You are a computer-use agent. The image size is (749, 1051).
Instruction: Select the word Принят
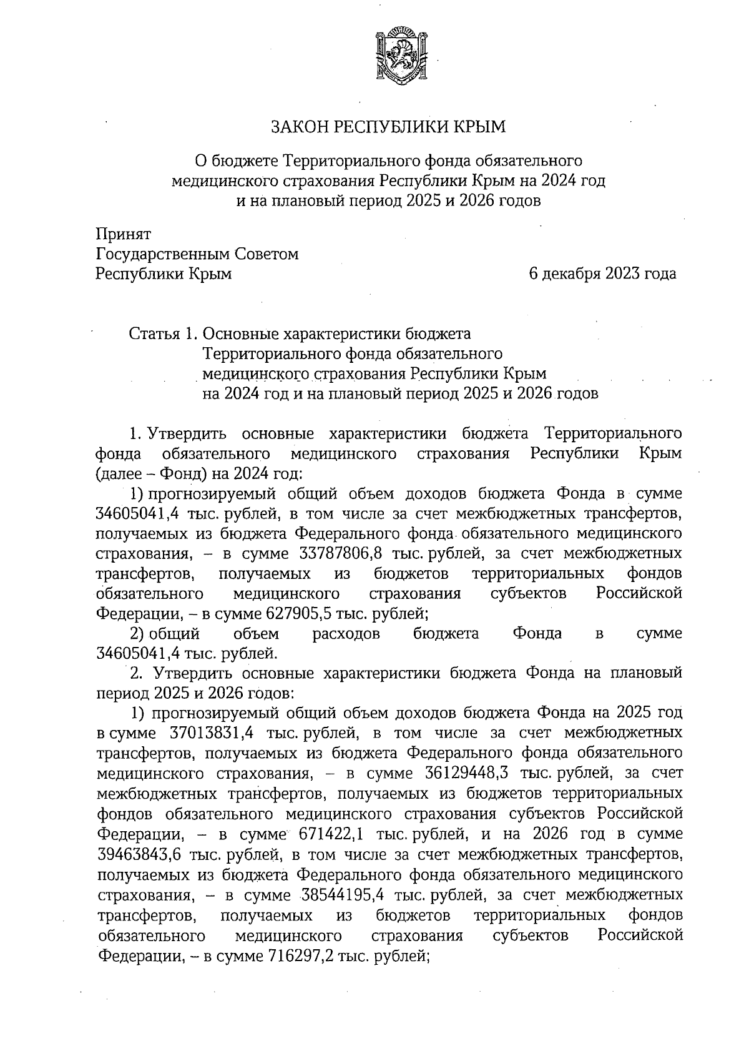[x=123, y=234]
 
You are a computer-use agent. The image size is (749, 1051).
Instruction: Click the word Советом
[x=268, y=254]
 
